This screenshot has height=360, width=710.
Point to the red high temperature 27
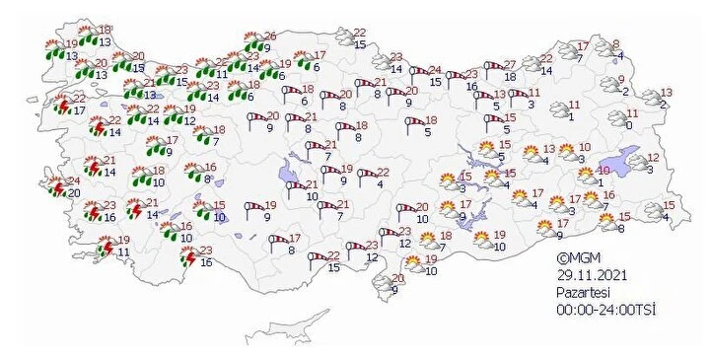[x=509, y=63]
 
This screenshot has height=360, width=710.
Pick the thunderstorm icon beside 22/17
[x=61, y=104]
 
